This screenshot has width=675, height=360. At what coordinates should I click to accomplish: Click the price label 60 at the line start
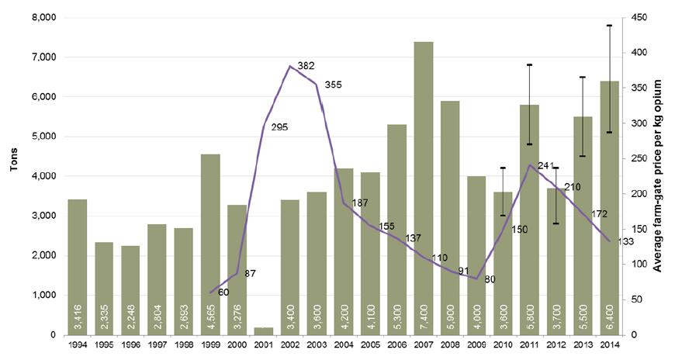point(223,292)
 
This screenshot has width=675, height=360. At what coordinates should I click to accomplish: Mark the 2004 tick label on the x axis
point(344,344)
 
